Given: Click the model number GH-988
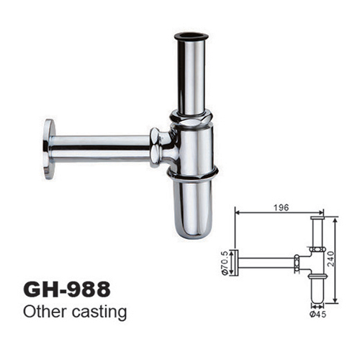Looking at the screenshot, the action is tap(67, 289).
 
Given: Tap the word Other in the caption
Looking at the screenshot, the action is tap(45, 312).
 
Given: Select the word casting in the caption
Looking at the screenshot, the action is tap(99, 313).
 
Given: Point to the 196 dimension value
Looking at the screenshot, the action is tap(281, 207).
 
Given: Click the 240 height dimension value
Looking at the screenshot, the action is tap(330, 258).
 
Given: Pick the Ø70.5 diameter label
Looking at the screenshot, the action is tap(225, 263).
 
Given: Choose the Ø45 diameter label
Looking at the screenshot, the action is tap(318, 314).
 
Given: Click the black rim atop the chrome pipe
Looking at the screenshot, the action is tap(191, 37).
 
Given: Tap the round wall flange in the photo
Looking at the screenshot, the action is tap(49, 149).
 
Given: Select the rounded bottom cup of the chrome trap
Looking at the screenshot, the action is tap(193, 209).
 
